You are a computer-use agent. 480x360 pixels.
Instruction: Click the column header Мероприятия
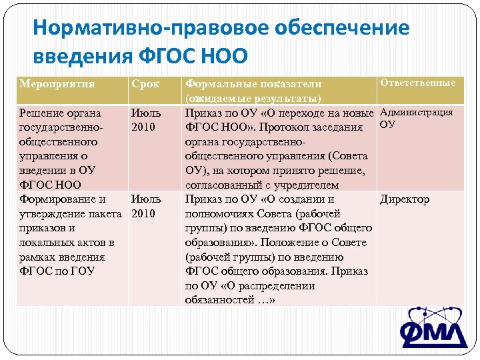[x=57, y=85]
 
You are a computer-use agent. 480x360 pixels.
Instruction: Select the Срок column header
[x=145, y=85]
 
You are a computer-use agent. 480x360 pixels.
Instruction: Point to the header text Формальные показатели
[x=253, y=85]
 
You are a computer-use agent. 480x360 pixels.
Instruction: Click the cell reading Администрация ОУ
[x=416, y=118]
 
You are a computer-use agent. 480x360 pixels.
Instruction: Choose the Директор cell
[x=405, y=199]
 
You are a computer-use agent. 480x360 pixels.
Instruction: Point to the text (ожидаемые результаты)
[x=254, y=99]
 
